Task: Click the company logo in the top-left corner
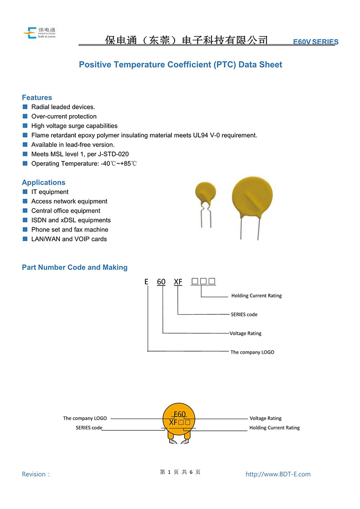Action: pos(39,33)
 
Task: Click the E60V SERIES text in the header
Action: pos(315,42)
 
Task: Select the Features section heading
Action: pos(37,98)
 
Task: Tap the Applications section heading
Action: pos(44,183)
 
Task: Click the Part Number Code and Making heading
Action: pos(75,268)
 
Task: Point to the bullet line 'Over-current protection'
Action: pos(64,116)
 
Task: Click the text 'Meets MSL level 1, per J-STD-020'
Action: pos(80,154)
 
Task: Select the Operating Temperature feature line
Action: pos(84,163)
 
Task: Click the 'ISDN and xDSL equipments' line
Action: pos(71,220)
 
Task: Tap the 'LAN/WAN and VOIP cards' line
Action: pos(69,239)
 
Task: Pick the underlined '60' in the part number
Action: pos(161,282)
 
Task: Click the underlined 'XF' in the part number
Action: pos(178,282)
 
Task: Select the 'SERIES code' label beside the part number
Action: pos(244,315)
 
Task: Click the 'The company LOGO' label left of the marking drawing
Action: pos(85,419)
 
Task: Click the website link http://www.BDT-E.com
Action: pos(278,474)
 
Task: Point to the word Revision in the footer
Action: pos(34,474)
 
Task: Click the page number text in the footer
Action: pos(180,472)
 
